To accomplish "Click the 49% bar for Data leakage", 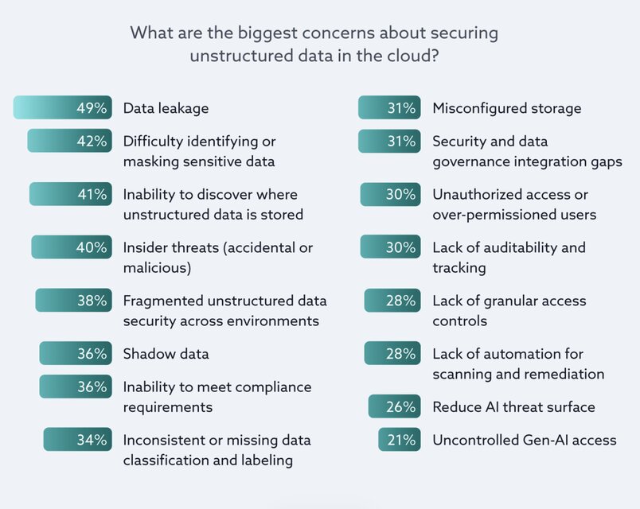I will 62,107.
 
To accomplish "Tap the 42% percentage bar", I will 69,141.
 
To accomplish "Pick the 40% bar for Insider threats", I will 72,247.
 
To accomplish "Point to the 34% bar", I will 77,440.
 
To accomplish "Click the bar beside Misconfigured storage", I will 388,107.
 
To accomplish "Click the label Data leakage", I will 166,108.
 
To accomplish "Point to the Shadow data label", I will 166,354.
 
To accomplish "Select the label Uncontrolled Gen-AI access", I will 524,440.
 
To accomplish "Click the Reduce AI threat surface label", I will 513,407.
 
